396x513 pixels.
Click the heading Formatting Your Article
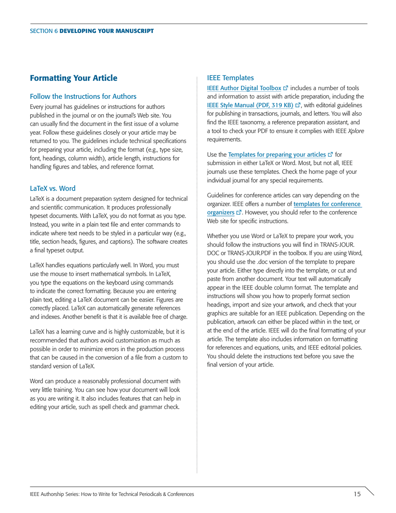74,78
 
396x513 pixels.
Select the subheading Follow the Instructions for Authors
83,96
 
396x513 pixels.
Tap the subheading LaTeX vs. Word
53,188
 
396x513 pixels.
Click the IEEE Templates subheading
230,78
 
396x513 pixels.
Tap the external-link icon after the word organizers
238,212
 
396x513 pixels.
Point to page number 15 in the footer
357,494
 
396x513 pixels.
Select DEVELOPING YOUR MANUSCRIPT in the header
106,31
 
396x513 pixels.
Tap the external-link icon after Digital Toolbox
286,88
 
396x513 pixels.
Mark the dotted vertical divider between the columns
197,275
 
